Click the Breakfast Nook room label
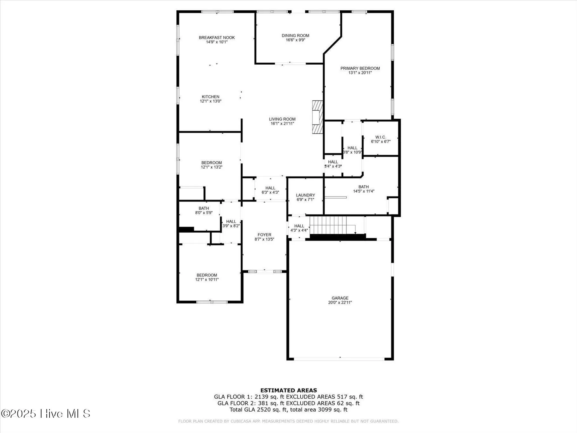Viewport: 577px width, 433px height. (217, 38)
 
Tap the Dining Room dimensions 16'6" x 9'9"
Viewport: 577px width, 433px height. (295, 40)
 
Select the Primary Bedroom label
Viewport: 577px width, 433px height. (360, 68)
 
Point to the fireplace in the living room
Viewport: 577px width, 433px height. (317, 117)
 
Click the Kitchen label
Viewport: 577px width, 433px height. (211, 97)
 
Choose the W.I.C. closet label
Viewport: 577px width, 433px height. (381, 137)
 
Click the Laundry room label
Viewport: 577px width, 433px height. (305, 195)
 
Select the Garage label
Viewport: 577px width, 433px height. (340, 298)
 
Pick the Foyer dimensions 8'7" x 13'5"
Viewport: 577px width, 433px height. (264, 239)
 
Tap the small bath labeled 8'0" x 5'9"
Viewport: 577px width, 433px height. (204, 208)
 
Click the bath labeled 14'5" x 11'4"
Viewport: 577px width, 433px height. (364, 187)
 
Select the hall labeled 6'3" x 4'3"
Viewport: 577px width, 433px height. (270, 188)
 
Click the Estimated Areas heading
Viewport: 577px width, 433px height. (288, 390)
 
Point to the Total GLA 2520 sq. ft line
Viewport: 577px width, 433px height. (288, 410)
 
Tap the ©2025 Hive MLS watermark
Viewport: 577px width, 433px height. (46, 414)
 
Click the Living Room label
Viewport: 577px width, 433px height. (282, 119)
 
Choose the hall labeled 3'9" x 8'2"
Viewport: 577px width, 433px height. (231, 222)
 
